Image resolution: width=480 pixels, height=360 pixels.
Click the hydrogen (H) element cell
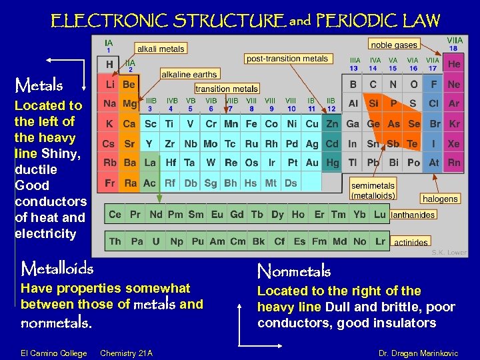[109, 65]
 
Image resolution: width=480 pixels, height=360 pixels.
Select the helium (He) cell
[454, 65]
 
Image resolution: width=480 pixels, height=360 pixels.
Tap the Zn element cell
[332, 124]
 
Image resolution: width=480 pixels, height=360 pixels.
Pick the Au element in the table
[312, 163]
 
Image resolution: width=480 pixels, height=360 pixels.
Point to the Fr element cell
[109, 182]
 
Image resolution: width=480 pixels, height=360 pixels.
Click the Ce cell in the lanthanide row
[115, 214]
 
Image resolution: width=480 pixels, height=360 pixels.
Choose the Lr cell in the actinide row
[380, 241]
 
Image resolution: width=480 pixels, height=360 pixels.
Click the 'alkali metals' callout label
[160, 49]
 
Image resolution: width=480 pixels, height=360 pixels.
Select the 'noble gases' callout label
[394, 45]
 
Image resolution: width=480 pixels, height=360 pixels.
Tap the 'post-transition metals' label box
[287, 59]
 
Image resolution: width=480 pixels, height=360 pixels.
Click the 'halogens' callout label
[440, 199]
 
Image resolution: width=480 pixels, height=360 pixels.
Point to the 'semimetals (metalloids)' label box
[373, 191]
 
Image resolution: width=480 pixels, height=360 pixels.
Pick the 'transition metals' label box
[227, 89]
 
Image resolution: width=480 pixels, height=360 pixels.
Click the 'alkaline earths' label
[189, 75]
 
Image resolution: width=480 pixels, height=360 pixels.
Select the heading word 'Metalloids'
[57, 269]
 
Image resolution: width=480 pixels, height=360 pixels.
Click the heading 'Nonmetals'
[294, 271]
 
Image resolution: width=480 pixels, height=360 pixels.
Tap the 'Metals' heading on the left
[39, 85]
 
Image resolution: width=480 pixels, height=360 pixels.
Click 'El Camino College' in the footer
[54, 353]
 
